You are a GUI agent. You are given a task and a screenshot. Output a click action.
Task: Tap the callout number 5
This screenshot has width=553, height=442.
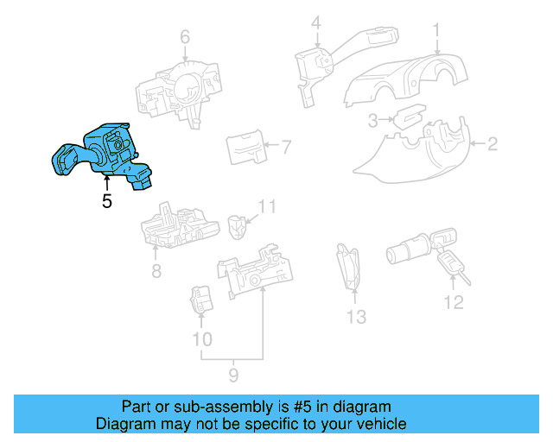click(x=106, y=202)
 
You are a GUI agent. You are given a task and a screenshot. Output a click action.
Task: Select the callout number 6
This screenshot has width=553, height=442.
click(x=184, y=36)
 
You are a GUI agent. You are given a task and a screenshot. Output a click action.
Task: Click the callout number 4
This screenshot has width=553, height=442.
click(x=316, y=23)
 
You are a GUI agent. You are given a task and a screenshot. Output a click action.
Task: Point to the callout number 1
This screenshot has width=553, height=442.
click(x=437, y=30)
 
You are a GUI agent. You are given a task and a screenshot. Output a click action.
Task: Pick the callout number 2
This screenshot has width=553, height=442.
click(x=493, y=144)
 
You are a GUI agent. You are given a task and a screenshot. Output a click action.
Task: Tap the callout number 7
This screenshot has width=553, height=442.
click(x=287, y=146)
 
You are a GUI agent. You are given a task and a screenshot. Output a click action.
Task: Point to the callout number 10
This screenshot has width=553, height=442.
click(x=201, y=339)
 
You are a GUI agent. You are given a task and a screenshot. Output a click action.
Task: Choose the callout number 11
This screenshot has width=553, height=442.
click(x=268, y=207)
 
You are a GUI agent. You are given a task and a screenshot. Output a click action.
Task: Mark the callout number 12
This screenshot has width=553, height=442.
click(x=454, y=302)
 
